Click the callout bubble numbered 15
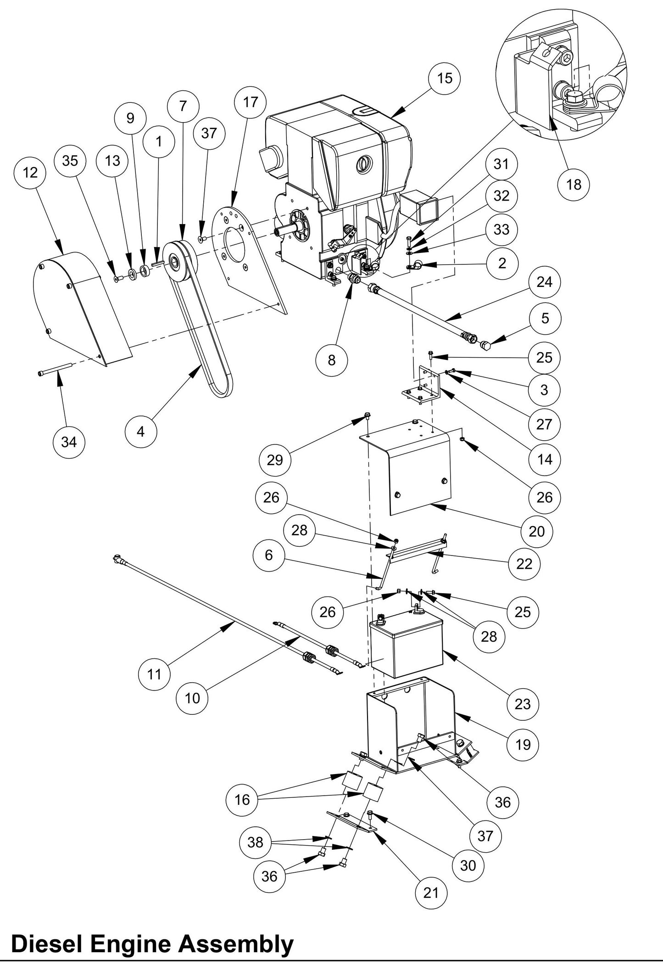(445, 78)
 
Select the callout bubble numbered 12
(29, 173)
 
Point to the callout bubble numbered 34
(69, 442)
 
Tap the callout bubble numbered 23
(522, 704)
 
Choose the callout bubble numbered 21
(430, 892)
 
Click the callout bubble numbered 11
(154, 674)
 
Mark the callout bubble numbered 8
(331, 360)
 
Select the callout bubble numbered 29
(274, 460)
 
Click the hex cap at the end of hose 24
(487, 345)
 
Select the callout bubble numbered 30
(468, 865)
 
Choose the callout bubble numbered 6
(268, 555)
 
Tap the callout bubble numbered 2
(502, 263)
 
